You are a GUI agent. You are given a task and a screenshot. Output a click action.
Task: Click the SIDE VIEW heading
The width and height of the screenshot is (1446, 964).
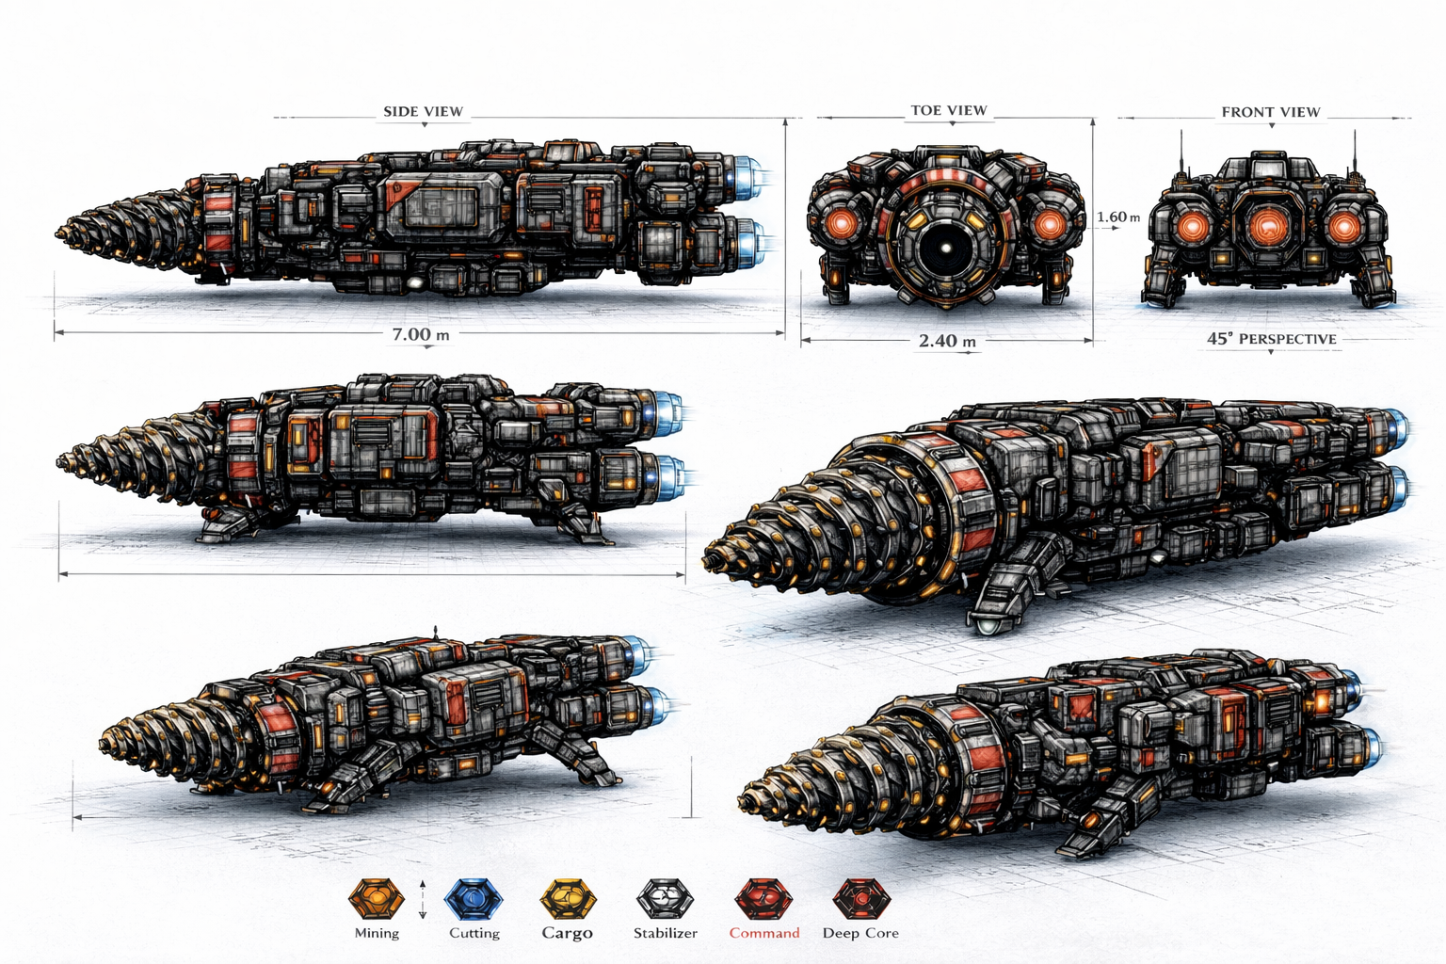coord(423,111)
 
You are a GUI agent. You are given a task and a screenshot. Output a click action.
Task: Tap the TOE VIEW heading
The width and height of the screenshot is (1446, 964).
coord(948,110)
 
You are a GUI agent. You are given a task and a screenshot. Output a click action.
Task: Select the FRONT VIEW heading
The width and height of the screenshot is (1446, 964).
coord(1270,112)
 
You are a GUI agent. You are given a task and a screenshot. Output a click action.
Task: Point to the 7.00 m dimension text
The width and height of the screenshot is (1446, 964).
coord(420,334)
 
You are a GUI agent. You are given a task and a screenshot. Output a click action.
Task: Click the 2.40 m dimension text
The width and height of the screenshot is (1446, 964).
coord(946,341)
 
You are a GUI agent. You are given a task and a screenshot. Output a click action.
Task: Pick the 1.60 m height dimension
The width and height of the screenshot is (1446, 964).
coord(1117,217)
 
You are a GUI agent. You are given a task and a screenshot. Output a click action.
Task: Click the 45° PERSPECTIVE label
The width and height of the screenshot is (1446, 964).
coord(1271,339)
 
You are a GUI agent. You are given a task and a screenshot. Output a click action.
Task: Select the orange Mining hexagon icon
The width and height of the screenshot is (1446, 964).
coord(376,899)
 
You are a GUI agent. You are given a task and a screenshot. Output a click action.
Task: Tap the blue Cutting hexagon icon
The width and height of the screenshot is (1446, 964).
coord(474,899)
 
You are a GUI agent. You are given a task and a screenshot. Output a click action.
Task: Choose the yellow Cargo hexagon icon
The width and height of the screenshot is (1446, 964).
coord(568,899)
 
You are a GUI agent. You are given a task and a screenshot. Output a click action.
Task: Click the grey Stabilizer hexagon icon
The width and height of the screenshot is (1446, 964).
coord(665,899)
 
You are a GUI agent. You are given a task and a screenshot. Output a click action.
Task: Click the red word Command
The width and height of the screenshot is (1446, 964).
coord(763,933)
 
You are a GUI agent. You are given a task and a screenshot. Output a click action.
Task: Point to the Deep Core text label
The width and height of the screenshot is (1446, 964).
coord(860,933)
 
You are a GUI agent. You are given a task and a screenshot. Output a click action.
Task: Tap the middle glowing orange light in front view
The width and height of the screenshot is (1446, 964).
coord(1270,226)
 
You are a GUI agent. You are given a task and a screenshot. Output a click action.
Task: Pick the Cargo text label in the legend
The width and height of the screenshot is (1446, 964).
coord(567,933)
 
